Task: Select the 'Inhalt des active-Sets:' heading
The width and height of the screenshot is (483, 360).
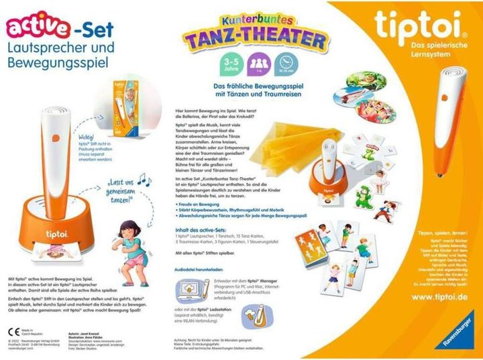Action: coord(199,231)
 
